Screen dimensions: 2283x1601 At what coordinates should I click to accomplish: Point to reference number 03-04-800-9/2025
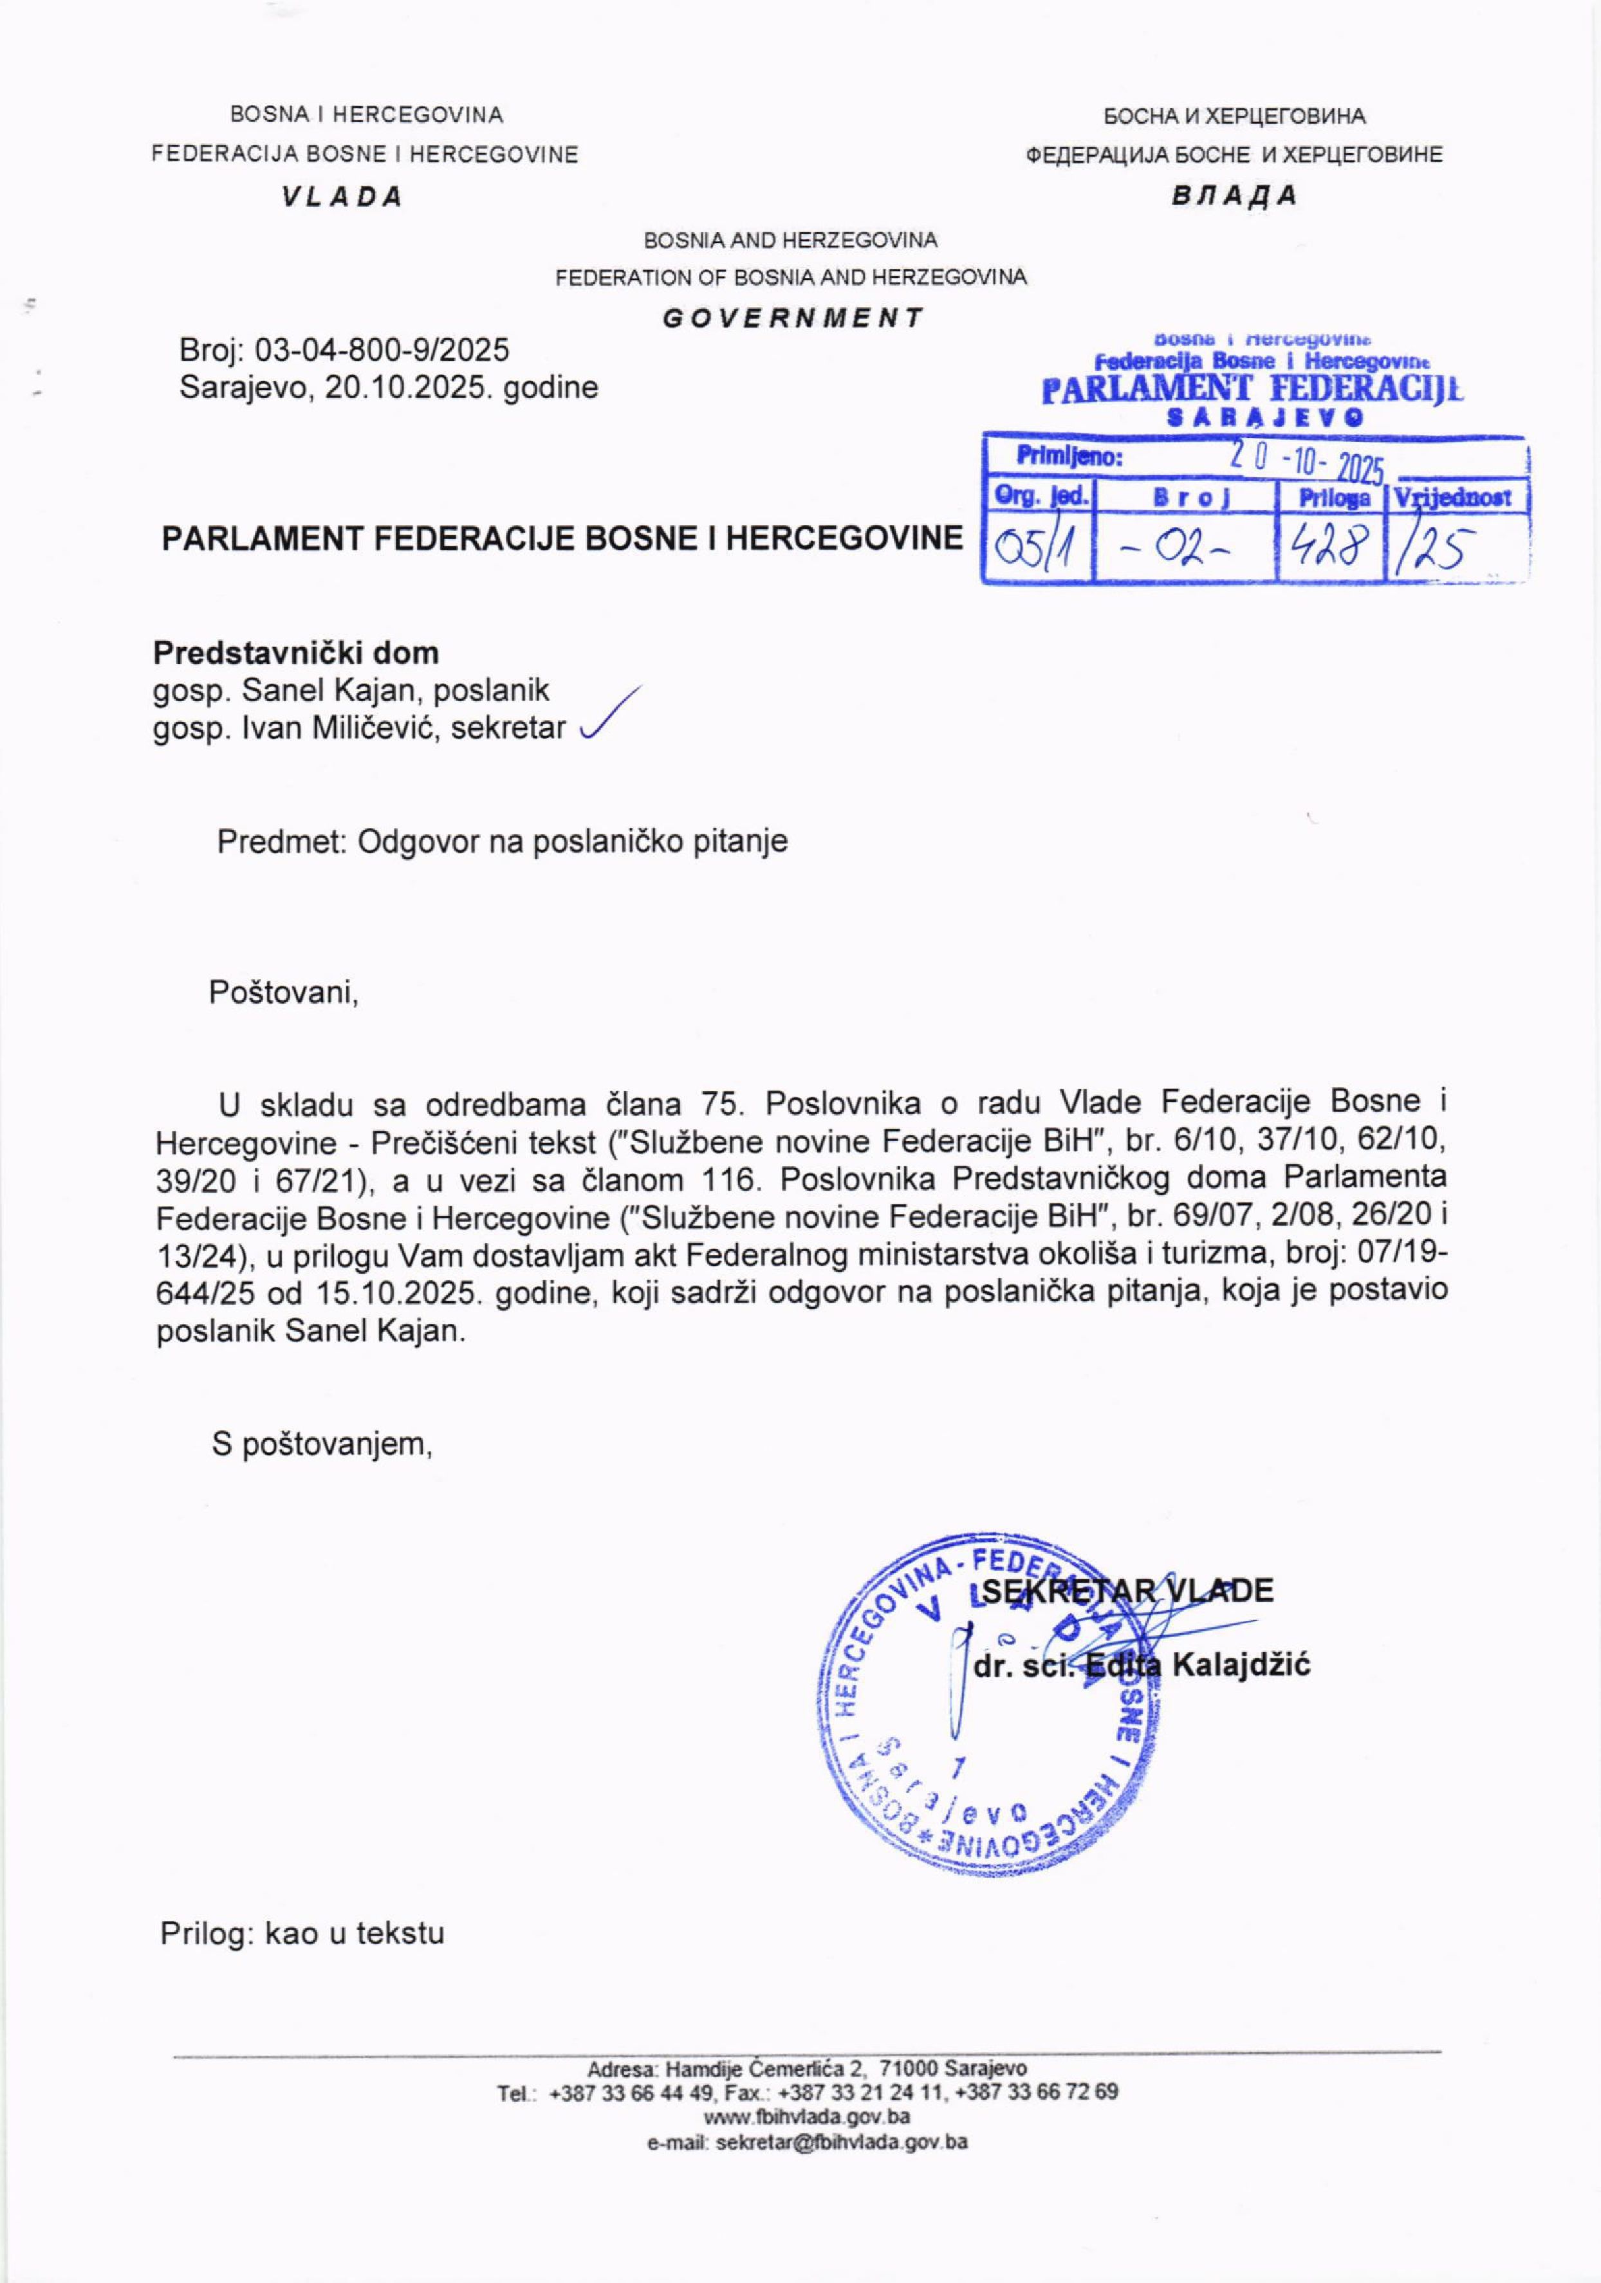coord(383,349)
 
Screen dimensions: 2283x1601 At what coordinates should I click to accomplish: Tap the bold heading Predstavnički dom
coord(295,654)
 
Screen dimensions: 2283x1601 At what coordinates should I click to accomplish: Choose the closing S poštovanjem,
coord(322,1443)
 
